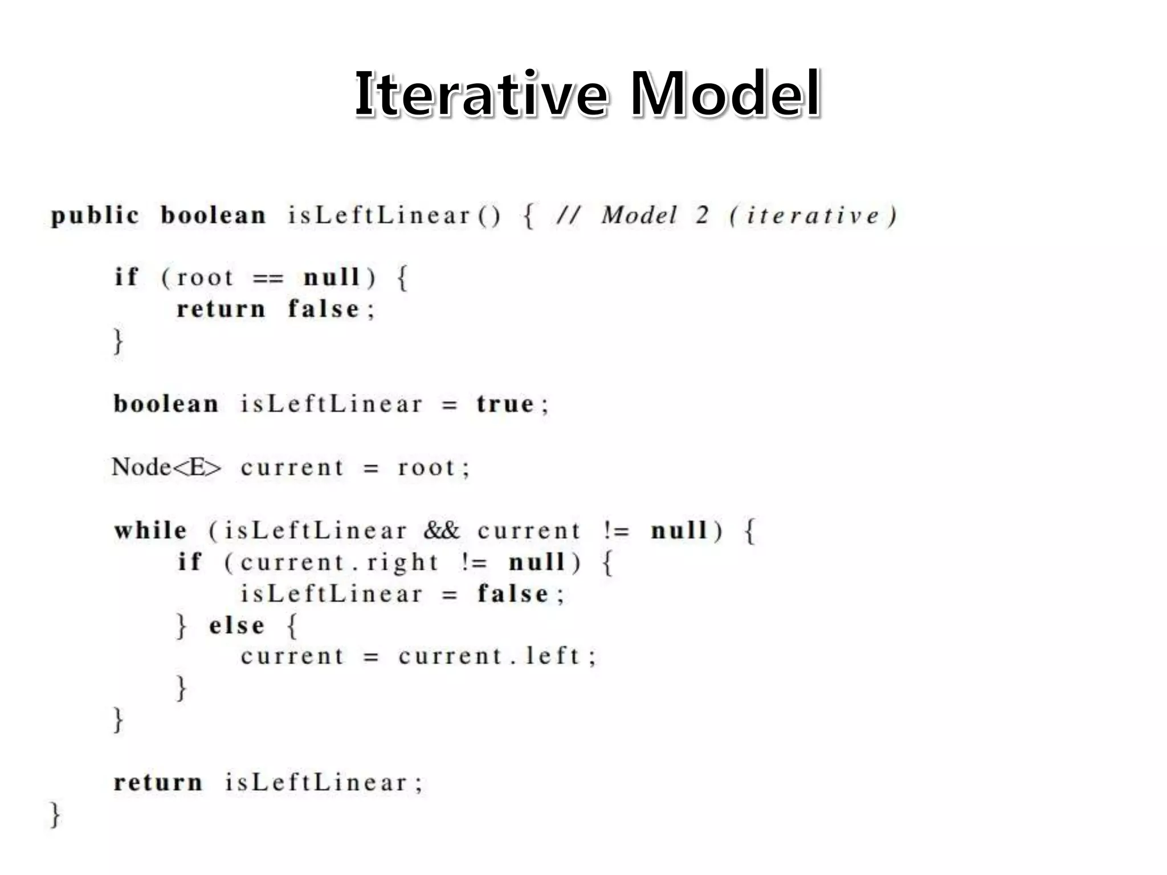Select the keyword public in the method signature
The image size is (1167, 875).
95,216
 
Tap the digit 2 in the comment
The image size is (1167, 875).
702,215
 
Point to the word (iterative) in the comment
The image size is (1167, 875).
813,216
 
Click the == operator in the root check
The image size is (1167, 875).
267,279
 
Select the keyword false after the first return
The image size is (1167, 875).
324,309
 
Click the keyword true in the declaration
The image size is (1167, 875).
505,404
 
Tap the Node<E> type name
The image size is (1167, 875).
166,467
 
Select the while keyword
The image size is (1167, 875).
150,530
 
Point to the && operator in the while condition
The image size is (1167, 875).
441,530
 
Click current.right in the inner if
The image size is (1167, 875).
338,563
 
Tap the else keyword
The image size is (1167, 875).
236,625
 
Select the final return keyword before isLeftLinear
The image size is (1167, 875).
158,782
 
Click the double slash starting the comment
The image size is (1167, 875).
569,216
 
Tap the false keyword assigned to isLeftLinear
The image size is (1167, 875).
513,594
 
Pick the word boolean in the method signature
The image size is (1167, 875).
213,216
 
